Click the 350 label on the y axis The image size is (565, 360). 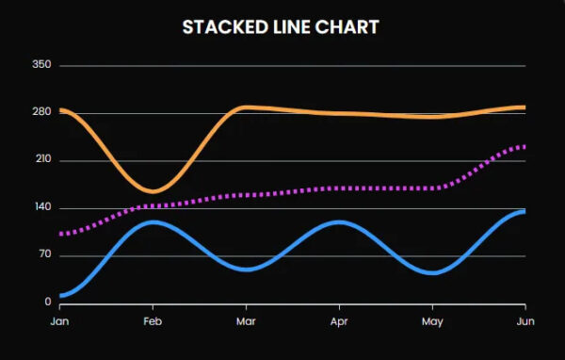40,65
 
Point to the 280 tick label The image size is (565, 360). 40,112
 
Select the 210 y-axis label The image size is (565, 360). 40,160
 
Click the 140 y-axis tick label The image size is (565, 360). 40,207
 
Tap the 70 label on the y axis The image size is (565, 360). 43,255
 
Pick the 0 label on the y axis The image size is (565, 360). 46,303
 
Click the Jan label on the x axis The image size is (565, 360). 59,321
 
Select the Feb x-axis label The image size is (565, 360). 153,321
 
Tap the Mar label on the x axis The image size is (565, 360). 246,321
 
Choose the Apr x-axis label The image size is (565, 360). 338,321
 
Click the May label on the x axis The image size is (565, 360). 431,321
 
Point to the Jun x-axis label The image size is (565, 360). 524,321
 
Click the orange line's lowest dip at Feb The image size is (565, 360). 153,191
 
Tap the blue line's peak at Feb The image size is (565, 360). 153,222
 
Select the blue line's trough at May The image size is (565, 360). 431,272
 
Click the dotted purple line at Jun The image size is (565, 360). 523,147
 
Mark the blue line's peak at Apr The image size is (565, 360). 338,222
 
